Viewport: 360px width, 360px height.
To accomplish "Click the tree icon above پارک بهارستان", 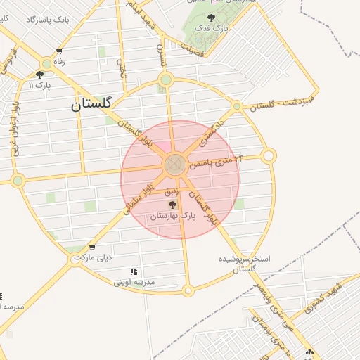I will pos(172,205).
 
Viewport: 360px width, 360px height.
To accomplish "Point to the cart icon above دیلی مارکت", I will pos(92,247).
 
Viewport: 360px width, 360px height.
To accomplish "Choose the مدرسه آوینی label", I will pos(134,283).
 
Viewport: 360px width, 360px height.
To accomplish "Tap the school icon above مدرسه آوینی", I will pos(134,272).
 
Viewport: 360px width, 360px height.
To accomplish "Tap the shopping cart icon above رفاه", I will pos(59,51).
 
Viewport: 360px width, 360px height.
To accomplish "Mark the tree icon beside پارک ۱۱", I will pos(39,75).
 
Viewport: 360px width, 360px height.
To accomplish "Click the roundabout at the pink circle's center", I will pos(175,165).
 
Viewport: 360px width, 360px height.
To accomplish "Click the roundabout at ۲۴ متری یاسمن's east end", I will pos(269,155).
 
